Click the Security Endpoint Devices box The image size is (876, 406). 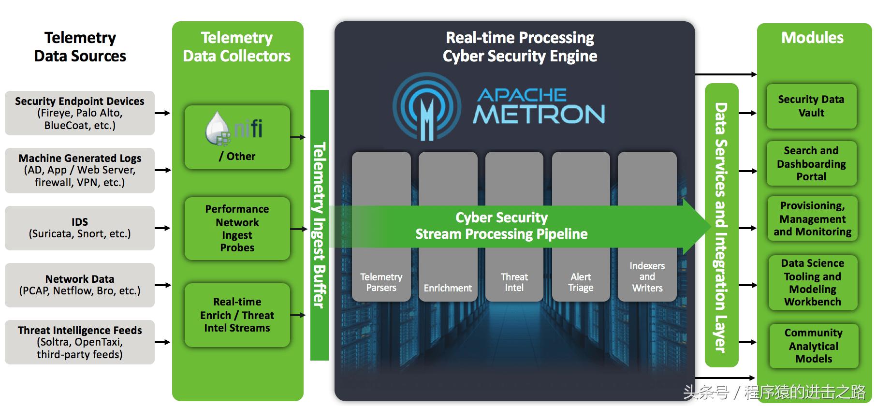(80, 113)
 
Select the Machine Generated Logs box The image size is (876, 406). (80, 170)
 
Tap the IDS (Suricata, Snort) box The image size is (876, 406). (80, 228)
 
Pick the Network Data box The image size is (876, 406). (80, 285)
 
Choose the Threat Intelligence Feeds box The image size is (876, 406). (80, 342)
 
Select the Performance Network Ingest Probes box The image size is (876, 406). (237, 228)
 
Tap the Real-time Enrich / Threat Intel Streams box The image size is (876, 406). (237, 315)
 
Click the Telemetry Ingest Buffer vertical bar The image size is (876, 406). (319, 225)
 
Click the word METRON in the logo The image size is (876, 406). (539, 114)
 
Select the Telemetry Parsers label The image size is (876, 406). (381, 282)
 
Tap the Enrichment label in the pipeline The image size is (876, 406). (448, 288)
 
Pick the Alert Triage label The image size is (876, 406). (581, 282)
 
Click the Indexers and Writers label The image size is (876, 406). (647, 277)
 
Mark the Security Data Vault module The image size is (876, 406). (811, 106)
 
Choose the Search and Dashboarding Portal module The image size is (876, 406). (811, 163)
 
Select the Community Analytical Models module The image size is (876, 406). (814, 346)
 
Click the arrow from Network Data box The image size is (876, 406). (163, 285)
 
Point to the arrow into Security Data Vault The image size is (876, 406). (747, 113)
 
